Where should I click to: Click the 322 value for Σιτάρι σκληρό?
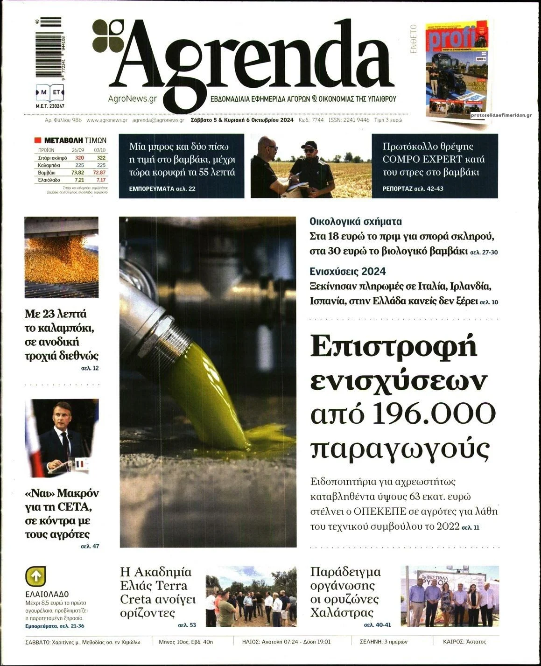(x=99, y=158)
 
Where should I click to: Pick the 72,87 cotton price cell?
(x=99, y=173)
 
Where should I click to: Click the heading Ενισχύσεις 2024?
(x=348, y=272)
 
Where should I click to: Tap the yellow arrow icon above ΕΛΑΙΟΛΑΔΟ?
(x=35, y=576)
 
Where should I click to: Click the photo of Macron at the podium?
(x=62, y=438)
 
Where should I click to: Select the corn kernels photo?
(x=62, y=257)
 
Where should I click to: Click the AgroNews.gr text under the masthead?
(x=132, y=99)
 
